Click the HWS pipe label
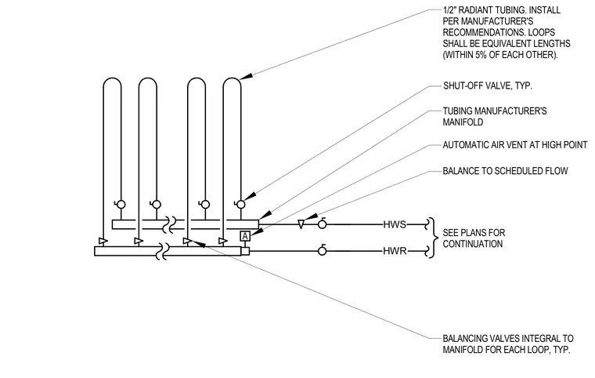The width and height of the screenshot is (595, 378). coord(395,224)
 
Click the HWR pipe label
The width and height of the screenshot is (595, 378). coord(395,251)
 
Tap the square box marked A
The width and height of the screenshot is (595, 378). coord(245,236)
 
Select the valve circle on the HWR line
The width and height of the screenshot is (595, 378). coord(323,251)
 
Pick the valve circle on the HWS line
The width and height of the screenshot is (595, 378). coord(323,224)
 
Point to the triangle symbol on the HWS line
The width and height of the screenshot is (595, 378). coord(301,224)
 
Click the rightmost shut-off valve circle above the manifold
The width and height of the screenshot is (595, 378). coord(240,205)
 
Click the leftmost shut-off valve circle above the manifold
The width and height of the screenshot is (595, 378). coord(121,205)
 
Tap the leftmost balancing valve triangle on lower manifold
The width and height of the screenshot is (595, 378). coord(103,241)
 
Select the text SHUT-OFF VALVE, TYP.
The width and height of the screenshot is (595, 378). coord(488,86)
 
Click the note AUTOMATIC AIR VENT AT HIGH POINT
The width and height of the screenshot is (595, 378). coord(515,145)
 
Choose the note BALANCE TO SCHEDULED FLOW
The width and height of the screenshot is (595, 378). coord(505,171)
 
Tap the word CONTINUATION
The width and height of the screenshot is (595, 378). coord(472,244)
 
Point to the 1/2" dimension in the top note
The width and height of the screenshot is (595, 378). coord(449,10)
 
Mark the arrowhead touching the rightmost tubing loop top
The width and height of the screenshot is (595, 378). coord(246,76)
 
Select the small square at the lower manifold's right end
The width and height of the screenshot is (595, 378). coord(245,251)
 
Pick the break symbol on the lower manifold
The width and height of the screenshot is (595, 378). coord(163,251)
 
